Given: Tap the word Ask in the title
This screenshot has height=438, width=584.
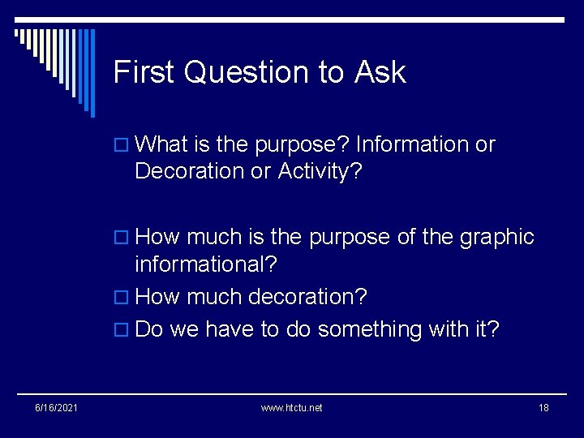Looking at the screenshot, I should [380, 73].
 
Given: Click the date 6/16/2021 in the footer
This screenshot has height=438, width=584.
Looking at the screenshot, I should [56, 407].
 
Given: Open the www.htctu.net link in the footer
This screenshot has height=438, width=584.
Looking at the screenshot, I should [291, 407].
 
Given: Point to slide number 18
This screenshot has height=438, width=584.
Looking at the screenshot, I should [543, 407].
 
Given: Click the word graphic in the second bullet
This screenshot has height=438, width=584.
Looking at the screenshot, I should [497, 237].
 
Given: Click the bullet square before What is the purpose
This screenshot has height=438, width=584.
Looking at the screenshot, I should [123, 146].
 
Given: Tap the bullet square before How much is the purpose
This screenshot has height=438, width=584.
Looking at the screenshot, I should [123, 238].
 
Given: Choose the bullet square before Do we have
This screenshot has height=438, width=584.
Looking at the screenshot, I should [123, 331].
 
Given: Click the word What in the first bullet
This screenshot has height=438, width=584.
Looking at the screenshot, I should [161, 144].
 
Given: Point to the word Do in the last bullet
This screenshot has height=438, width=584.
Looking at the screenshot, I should [149, 329].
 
